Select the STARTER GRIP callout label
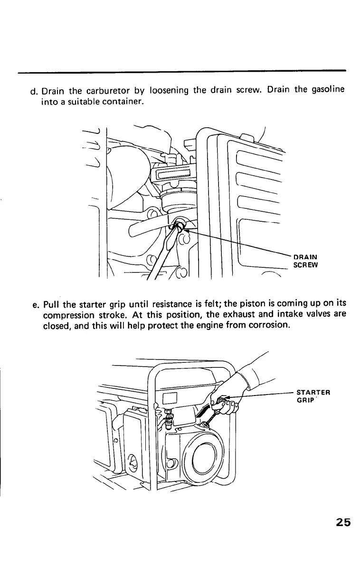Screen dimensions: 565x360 (x=313, y=396)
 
